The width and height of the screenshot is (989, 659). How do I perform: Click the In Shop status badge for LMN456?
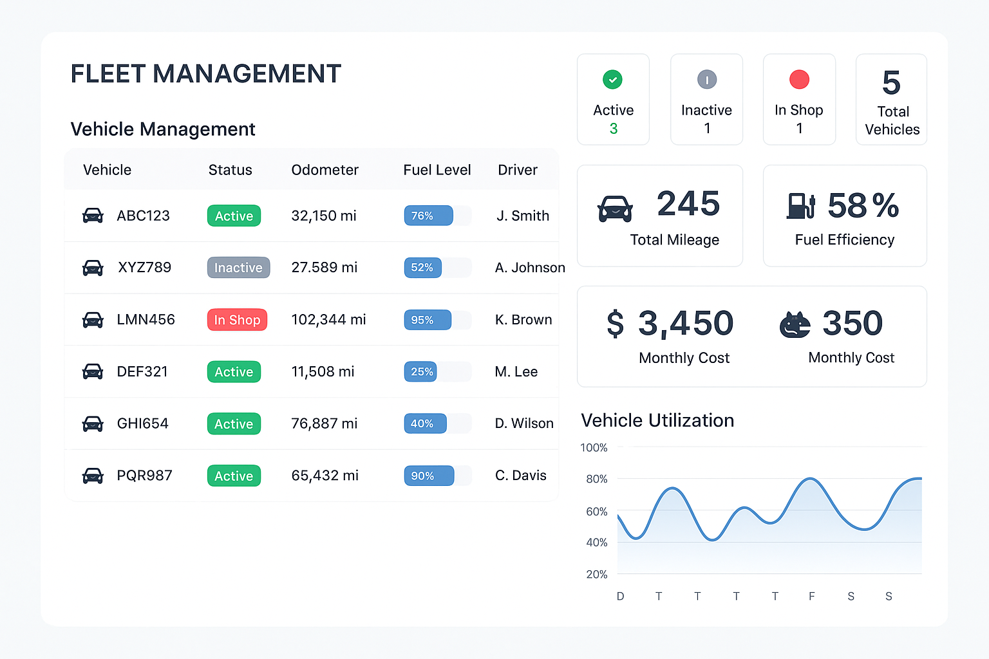coord(237,320)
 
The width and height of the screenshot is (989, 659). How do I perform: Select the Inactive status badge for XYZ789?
coord(238,268)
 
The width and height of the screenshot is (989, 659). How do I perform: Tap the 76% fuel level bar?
coord(429,216)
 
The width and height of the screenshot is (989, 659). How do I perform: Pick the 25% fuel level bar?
coord(421,371)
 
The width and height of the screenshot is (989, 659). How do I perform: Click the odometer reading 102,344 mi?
coord(328,320)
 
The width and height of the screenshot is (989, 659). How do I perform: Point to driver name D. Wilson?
coord(524,423)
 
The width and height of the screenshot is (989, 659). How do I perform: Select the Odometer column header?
coord(325,170)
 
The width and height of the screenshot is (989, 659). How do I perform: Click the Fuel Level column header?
coord(437,170)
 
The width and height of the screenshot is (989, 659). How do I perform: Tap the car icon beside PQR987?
coord(93,476)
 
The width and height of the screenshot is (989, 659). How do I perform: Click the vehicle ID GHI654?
coord(142,423)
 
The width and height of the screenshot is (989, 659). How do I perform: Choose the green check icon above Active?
coord(612,80)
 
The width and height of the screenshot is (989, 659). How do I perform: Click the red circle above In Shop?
coord(799,80)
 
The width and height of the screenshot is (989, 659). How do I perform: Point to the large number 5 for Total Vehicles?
coord(891,83)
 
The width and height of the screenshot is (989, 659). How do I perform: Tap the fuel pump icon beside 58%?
coord(801,206)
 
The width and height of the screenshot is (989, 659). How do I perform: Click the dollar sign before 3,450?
coord(615,323)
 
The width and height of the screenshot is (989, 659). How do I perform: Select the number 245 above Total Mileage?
coord(688,204)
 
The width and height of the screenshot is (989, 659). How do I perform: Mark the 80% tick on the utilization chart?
coord(596,479)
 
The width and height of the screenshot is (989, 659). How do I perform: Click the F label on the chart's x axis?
coord(812,597)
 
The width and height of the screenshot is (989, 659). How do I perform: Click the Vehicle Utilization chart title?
coord(657,420)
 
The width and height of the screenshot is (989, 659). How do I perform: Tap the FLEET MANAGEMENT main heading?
coord(205,74)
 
